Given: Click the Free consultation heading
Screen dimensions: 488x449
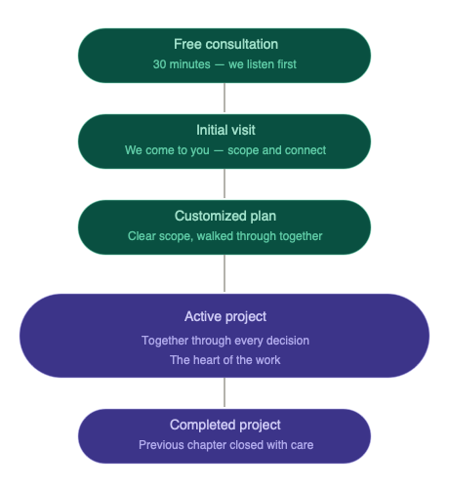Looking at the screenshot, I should [x=225, y=44].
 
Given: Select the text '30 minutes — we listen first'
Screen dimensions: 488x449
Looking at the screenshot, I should [x=225, y=64].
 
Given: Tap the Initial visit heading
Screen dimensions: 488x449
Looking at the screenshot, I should [x=225, y=130].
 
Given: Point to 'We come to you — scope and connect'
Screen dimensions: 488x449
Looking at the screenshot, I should [x=225, y=150].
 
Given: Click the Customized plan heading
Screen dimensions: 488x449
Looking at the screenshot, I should [x=225, y=216].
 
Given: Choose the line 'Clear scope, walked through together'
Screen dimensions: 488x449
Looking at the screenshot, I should [x=225, y=236].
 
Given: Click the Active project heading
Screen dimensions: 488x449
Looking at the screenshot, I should [x=225, y=316].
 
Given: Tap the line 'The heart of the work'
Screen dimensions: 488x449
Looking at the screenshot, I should [x=225, y=359].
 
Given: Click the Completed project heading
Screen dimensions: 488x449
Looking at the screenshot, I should [x=225, y=425].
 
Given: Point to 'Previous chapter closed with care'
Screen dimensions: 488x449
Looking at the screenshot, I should [x=225, y=445].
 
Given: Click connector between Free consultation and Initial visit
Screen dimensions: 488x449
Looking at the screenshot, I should [x=225, y=98].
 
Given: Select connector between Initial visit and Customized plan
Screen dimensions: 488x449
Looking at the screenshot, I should [x=225, y=183].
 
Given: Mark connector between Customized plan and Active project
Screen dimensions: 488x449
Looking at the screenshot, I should [x=225, y=274].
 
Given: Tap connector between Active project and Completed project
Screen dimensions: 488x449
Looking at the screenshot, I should [x=225, y=392].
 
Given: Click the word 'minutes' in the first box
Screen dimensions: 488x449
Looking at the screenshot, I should [x=190, y=64].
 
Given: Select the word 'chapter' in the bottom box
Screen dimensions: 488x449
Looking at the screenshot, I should [x=208, y=445].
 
